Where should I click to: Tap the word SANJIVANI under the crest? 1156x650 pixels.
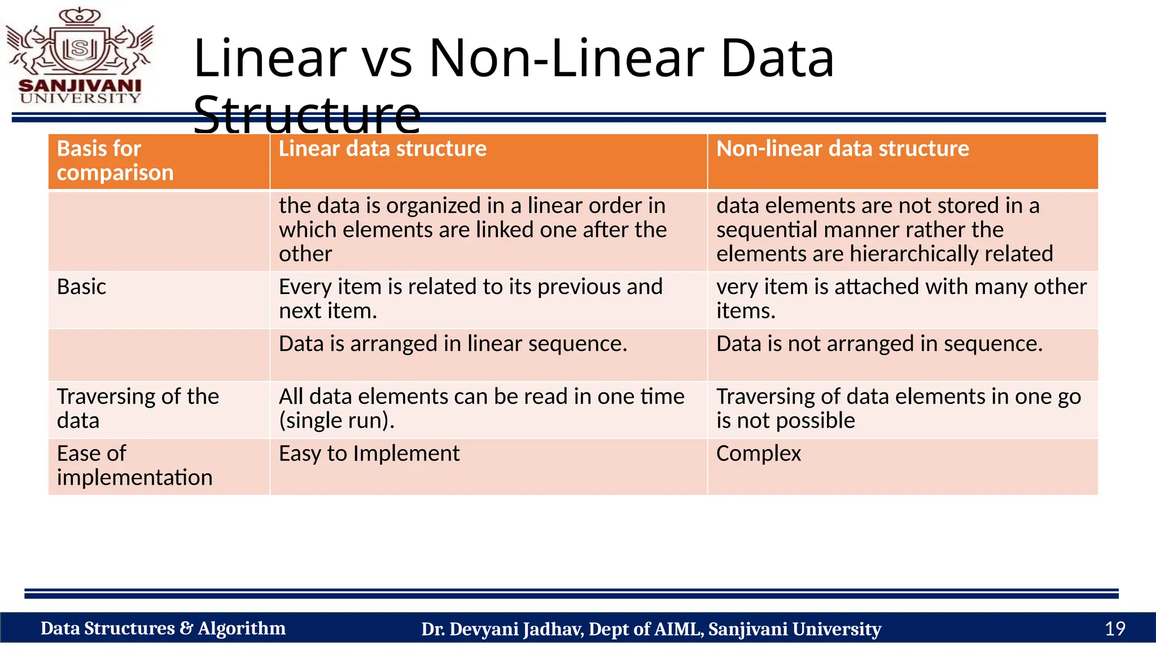pos(80,86)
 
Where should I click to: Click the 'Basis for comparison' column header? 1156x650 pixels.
pos(115,161)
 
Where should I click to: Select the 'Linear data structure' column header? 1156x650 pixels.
pos(382,149)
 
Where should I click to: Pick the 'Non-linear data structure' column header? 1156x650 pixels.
pos(842,149)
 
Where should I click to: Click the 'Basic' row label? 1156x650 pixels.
pos(81,287)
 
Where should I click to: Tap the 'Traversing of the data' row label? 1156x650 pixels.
pos(137,409)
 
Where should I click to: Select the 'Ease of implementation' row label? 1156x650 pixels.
pos(134,465)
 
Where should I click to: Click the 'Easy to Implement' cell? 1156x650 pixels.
pos(369,454)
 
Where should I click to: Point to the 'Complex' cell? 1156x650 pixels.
pos(758,454)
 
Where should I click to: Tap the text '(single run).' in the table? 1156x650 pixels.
pos(336,421)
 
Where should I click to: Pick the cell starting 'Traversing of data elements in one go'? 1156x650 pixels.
pos(898,409)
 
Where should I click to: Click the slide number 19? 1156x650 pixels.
pos(1115,629)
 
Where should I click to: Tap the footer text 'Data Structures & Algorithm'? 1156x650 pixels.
pos(163,629)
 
